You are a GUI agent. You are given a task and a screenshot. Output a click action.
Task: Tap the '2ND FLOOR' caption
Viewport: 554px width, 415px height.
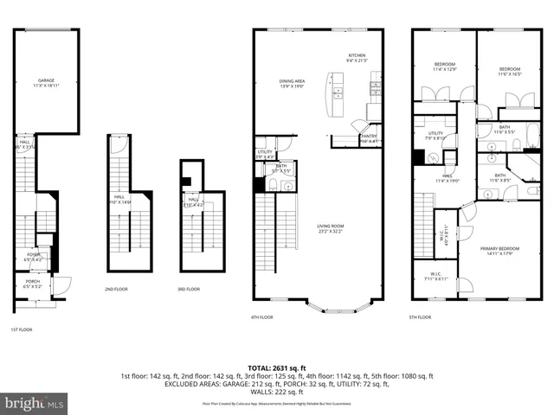coord(116,289)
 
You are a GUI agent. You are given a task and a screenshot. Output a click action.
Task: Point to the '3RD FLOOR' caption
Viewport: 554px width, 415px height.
coord(188,289)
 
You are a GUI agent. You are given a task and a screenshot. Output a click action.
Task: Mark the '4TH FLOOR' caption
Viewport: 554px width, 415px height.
coord(261,317)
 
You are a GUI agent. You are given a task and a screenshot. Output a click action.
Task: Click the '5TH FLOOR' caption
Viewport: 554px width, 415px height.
coord(419,317)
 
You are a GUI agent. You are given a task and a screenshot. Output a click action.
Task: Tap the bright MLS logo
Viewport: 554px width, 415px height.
coord(35,403)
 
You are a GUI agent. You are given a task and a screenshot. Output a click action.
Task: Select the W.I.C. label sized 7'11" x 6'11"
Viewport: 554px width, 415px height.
coord(430,277)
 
